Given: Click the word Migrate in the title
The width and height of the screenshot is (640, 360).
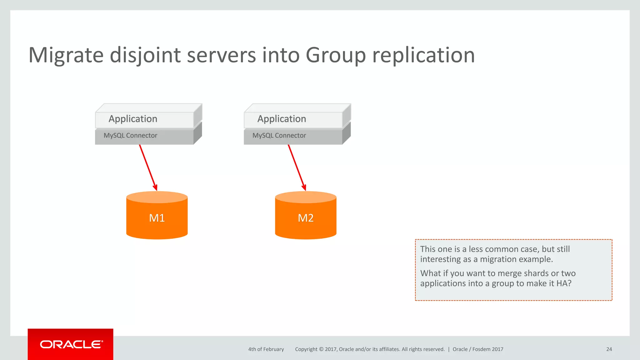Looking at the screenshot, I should pos(66,55).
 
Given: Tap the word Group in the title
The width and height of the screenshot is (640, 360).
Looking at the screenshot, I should pos(336,55).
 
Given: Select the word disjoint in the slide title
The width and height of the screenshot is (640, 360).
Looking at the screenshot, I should pos(145,55).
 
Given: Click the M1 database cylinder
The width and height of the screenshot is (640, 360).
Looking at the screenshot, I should pos(157,217).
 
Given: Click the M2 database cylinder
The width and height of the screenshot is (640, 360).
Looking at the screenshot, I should pos(306,217).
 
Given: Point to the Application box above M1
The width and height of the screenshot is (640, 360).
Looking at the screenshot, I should pos(133,119).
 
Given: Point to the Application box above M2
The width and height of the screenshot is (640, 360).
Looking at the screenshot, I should pos(282,119).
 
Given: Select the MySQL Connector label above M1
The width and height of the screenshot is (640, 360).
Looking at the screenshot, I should pos(131,136).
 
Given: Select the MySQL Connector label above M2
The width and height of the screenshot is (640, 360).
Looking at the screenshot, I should pos(279,136).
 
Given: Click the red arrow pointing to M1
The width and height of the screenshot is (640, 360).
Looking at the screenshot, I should pos(148,167).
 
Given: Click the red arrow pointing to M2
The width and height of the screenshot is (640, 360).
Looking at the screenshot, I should pos(297,167).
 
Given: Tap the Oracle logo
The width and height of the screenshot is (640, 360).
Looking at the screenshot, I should pos(71,344).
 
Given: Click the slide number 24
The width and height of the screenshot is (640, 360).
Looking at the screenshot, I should pos(609,349).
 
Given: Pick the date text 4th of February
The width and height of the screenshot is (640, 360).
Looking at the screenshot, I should pos(266,349).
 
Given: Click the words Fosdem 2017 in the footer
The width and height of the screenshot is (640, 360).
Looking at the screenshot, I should pos(488,349).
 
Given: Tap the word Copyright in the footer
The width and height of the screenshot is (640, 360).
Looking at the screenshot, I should pos(306,349).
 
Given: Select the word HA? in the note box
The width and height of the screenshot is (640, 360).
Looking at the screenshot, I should pos(564,283).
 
